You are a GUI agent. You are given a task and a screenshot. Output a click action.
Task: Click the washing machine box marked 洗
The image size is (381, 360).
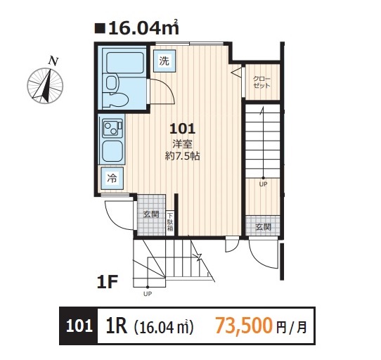(164, 60)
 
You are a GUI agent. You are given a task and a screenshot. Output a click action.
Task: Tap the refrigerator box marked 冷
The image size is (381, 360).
(112, 179)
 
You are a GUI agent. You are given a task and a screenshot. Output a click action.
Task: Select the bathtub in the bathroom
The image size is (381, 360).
(125, 63)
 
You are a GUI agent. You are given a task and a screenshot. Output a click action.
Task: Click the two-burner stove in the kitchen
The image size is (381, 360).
(112, 127)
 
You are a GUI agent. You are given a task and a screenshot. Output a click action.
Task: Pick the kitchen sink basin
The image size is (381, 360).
(112, 151)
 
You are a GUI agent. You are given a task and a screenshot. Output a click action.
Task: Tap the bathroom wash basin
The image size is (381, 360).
(112, 83)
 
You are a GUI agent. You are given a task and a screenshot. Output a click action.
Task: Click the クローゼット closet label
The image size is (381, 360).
(261, 82)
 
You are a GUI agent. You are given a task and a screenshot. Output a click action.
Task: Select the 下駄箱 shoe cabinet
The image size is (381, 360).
(170, 222)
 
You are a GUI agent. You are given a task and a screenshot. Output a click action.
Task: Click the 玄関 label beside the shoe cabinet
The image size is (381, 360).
(151, 214)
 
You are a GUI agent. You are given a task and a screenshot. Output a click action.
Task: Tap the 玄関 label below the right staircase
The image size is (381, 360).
(264, 227)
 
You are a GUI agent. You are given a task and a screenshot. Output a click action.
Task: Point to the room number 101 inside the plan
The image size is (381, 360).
(183, 129)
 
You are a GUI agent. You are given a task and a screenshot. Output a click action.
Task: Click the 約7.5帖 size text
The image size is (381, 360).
(183, 156)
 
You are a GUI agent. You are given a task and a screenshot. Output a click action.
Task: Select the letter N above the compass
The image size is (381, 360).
(53, 61)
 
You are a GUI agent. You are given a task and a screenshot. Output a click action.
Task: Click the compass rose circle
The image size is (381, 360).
(45, 86)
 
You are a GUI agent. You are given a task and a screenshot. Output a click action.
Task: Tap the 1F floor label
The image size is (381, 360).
(108, 282)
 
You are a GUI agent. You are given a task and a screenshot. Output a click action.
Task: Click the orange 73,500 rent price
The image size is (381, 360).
(244, 326)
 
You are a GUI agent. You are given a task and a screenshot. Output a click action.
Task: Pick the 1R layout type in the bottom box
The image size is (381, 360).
(117, 326)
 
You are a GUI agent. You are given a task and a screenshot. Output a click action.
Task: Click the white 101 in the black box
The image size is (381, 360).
(79, 326)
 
